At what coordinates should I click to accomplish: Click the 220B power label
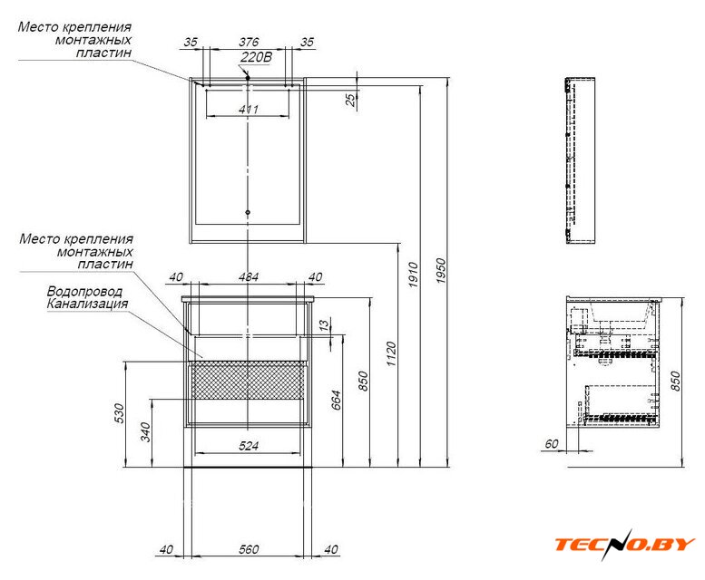point(256,57)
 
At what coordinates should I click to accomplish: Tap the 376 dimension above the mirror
point(249,42)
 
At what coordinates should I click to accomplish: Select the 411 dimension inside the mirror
point(249,109)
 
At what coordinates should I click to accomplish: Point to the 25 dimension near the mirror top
point(350,100)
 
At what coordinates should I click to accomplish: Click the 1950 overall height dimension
point(441,271)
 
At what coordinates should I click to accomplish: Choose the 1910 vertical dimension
point(413,275)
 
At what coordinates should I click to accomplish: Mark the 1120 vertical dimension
point(392,354)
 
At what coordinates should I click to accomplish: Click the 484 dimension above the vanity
point(249,277)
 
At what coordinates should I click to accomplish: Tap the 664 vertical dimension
point(337,401)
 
